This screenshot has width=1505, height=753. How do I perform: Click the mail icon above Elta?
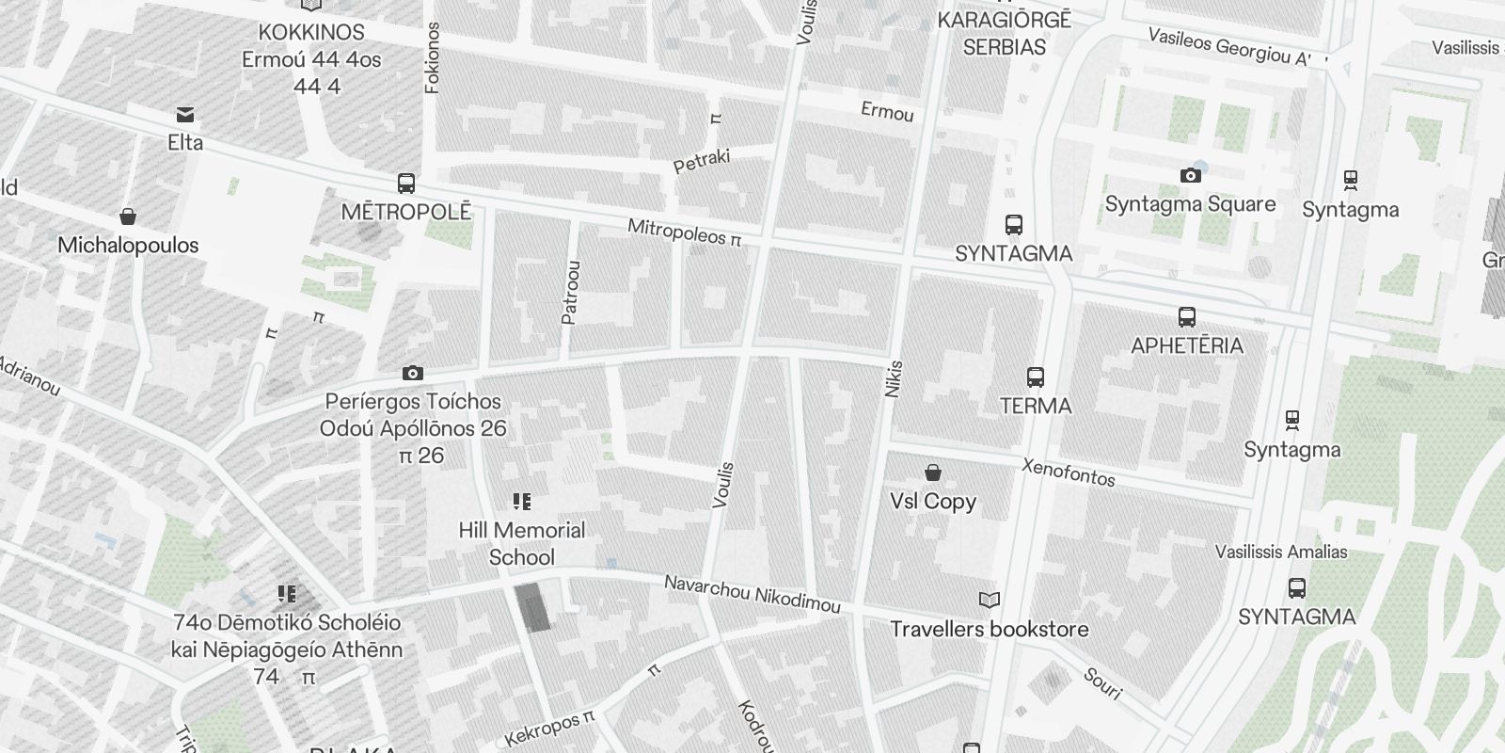coord(185,115)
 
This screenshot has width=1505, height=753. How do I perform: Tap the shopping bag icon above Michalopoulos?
coord(128,216)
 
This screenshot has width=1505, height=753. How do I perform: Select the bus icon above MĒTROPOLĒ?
coord(406,183)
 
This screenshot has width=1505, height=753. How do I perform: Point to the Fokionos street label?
coord(433,57)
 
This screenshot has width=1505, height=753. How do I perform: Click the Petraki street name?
coord(702,160)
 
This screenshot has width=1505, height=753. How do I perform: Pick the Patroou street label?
coord(570,292)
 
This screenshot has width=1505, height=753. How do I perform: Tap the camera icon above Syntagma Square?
coord(1190,175)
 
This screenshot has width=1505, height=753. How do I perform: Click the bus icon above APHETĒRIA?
coord(1187,317)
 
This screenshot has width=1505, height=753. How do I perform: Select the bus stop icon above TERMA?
coord(1036,377)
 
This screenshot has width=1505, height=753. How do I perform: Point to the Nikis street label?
coord(894,378)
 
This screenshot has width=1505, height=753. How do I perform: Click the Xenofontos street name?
coord(1069,472)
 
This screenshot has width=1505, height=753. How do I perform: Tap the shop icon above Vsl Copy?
coord(933,472)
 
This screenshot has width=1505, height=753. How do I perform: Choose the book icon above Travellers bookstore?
coord(989,600)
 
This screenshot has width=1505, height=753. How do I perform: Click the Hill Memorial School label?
coord(522,543)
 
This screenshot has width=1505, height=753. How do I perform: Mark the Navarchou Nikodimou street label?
coord(752,594)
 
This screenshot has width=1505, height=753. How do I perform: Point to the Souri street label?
coord(1102,684)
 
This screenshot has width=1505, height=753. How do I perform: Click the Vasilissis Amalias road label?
coord(1281,552)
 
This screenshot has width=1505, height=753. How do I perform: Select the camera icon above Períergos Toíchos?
coord(412,374)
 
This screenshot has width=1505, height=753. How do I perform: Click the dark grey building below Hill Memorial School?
coord(533,607)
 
